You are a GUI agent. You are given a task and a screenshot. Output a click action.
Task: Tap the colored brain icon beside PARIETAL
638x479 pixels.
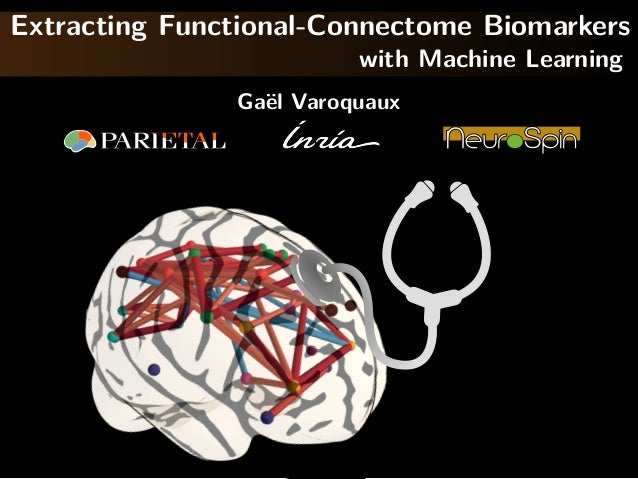80,141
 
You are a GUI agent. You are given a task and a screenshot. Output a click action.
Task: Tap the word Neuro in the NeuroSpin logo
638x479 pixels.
476,139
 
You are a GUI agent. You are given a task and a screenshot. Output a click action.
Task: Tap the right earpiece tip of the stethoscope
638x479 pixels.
459,187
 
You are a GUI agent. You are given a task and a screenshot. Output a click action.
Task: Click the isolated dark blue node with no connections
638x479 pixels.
153,370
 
